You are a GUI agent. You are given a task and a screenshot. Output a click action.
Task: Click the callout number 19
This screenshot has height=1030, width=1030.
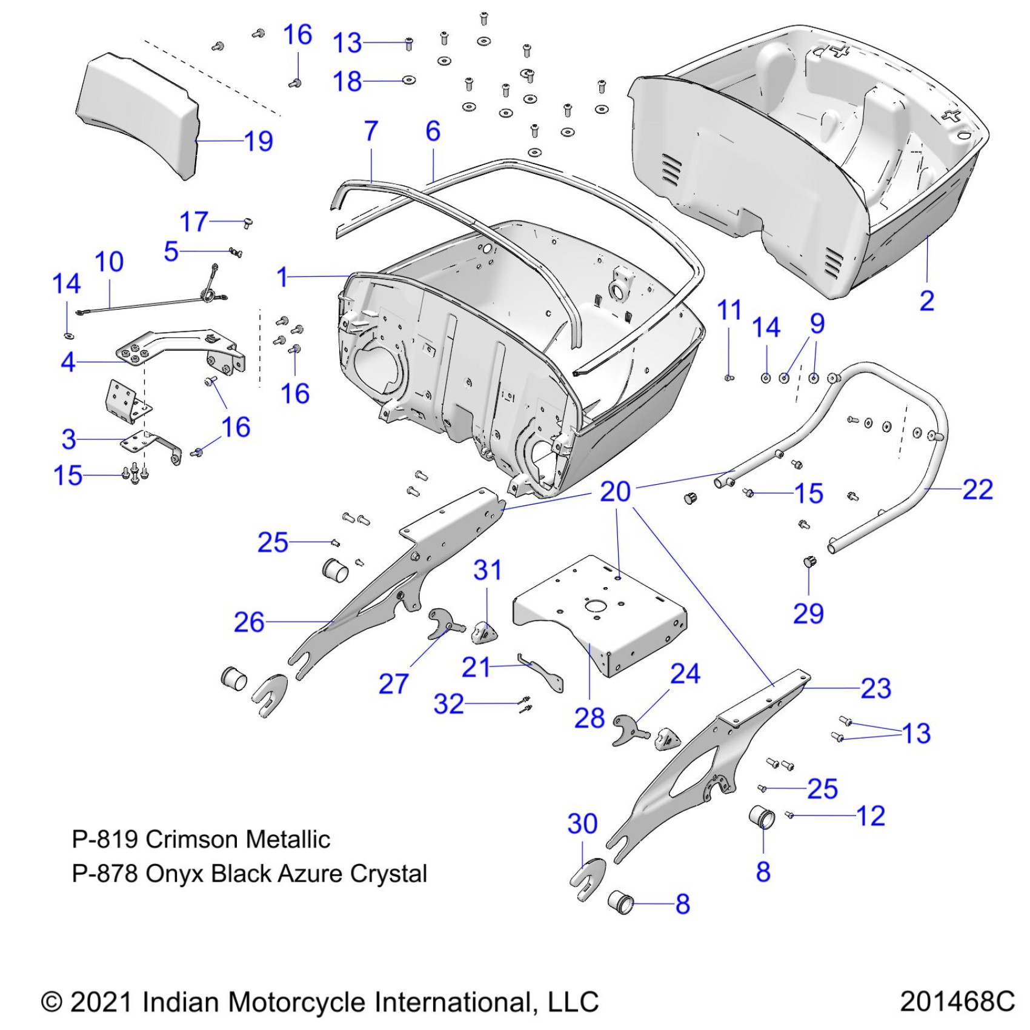(259, 141)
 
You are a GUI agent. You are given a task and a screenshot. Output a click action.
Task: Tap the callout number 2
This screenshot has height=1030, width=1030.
(926, 301)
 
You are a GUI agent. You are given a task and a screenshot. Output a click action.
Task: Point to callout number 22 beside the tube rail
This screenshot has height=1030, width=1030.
(977, 490)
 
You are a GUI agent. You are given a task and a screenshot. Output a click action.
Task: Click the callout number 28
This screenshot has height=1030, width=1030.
(590, 718)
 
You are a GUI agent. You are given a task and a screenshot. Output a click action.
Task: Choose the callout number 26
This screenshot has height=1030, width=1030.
(249, 622)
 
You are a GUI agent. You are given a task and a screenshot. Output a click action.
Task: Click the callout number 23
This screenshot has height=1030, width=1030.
(875, 688)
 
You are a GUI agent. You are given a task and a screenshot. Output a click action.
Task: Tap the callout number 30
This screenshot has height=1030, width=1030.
(582, 823)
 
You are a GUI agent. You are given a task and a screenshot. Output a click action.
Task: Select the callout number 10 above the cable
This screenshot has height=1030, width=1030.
(109, 262)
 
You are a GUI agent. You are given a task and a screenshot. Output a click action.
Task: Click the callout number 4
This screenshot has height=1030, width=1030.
(68, 362)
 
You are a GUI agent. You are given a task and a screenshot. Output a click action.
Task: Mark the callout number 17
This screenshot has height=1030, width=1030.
(194, 222)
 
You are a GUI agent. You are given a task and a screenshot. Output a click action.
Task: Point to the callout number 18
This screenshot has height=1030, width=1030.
(347, 81)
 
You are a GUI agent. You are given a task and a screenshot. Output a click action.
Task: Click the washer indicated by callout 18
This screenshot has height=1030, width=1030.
(409, 80)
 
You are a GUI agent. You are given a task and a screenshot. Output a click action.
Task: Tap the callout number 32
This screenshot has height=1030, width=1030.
(448, 704)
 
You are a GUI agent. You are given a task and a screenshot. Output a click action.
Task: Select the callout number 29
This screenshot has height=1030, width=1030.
(808, 614)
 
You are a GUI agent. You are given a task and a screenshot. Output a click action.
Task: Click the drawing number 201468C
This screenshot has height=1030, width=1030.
(957, 1002)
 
